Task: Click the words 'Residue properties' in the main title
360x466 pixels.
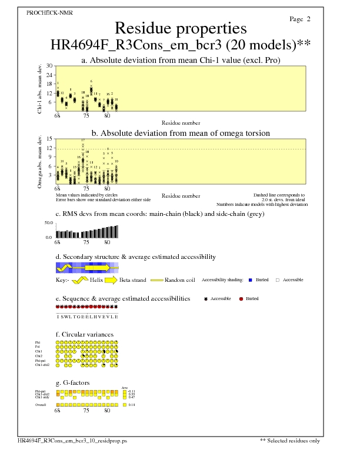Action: (x=181, y=28)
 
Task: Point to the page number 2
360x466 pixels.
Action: (x=308, y=19)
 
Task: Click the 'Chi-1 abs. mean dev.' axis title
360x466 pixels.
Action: (x=40, y=89)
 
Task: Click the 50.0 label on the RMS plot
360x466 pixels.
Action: (x=49, y=223)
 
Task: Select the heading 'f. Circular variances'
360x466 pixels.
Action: (x=84, y=335)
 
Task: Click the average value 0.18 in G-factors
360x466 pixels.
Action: (x=132, y=405)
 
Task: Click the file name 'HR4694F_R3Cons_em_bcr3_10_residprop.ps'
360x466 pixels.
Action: (x=72, y=441)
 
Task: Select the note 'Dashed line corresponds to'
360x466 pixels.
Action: (x=279, y=195)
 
